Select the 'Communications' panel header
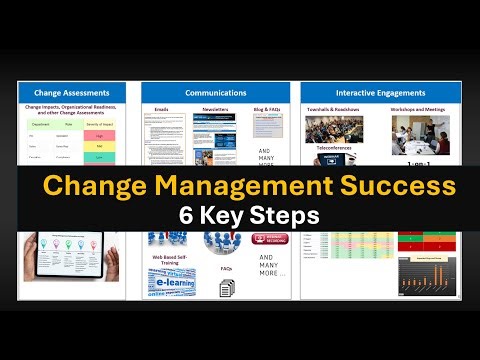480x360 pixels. (218, 92)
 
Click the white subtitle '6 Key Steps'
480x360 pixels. (240, 215)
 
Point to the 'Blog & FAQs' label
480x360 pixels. (266, 107)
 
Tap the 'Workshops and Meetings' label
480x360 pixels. (420, 107)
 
